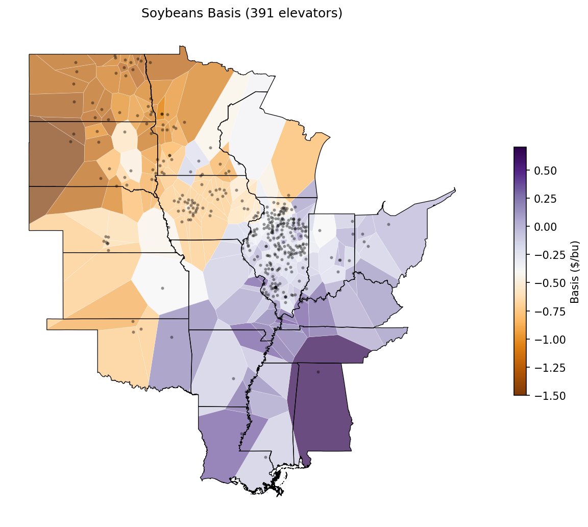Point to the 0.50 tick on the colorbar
click(545, 170)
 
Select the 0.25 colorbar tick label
click(545, 198)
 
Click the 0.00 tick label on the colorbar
click(545, 226)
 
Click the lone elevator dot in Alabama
click(318, 372)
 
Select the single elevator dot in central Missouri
click(163, 288)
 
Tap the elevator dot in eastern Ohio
click(388, 224)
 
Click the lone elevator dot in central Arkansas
click(233, 378)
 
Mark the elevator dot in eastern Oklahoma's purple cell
click(171, 337)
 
